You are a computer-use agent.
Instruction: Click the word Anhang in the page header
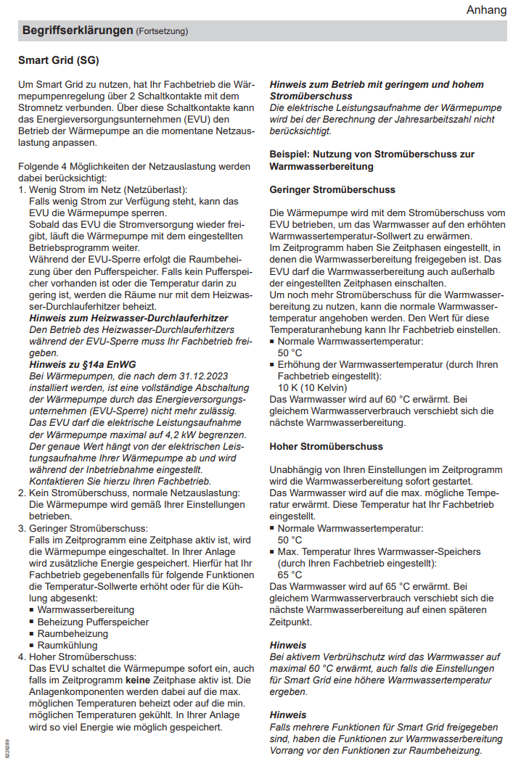pyautogui.click(x=487, y=9)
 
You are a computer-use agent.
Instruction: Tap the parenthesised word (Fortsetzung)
pyautogui.click(x=162, y=31)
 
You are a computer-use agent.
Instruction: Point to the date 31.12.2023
pyautogui.click(x=197, y=375)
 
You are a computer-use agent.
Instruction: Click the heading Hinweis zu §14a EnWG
pyautogui.click(x=83, y=364)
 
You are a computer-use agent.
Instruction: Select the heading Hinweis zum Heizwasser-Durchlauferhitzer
pyautogui.click(x=128, y=318)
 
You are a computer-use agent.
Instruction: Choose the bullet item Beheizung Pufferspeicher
pyautogui.click(x=94, y=622)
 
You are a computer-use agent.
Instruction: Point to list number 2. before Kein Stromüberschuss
pyautogui.click(x=22, y=493)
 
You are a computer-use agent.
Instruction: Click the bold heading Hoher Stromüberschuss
pyautogui.click(x=326, y=446)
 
